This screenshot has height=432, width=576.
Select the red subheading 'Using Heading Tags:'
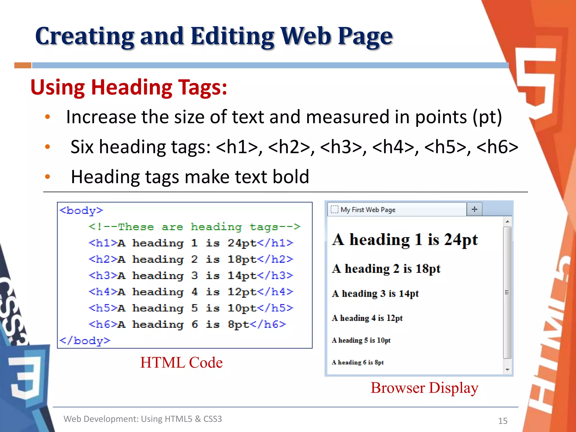(x=129, y=87)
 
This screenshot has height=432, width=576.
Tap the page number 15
(x=503, y=421)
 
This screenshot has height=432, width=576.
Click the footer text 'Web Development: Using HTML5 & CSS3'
(x=143, y=419)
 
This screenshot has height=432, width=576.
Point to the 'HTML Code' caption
(x=181, y=362)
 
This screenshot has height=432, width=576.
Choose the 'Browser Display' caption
(x=424, y=388)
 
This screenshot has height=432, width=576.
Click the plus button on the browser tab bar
(x=474, y=209)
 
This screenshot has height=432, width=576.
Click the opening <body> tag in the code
(x=82, y=210)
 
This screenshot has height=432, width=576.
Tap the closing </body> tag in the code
(x=85, y=341)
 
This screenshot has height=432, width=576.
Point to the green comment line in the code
(x=194, y=227)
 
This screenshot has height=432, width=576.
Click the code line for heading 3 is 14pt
(x=191, y=275)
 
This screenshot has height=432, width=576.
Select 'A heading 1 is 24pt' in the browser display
(x=405, y=240)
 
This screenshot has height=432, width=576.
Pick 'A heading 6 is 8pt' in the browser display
(x=357, y=362)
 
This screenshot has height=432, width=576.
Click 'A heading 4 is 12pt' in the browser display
(x=367, y=318)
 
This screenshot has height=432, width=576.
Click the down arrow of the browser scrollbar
(x=507, y=370)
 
